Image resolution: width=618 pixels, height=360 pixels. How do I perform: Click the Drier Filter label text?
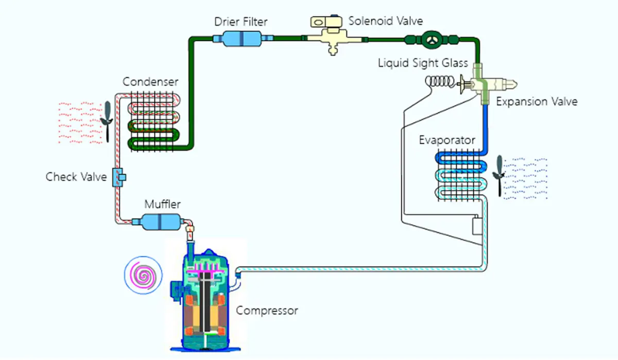pyautogui.click(x=241, y=22)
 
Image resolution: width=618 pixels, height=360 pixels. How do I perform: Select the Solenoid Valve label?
pyautogui.click(x=385, y=21)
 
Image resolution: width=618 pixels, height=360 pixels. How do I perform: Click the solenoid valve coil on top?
pyautogui.click(x=327, y=22)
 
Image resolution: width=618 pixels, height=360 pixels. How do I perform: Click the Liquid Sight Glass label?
pyautogui.click(x=423, y=63)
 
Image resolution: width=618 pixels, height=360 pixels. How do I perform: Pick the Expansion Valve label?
pyautogui.click(x=537, y=101)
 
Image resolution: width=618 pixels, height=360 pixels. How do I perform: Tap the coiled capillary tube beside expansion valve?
pyautogui.click(x=442, y=82)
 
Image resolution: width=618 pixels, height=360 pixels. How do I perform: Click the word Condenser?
pyautogui.click(x=150, y=82)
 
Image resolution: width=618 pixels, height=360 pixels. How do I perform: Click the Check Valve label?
pyautogui.click(x=76, y=177)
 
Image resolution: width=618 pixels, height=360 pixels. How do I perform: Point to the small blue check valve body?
pyautogui.click(x=119, y=177)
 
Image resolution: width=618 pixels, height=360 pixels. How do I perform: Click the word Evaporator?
pyautogui.click(x=447, y=141)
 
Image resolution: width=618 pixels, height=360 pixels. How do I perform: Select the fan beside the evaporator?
pyautogui.click(x=499, y=175)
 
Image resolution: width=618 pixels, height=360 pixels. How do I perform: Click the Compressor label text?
pyautogui.click(x=267, y=311)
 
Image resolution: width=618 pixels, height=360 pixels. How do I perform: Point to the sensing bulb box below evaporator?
pyautogui.click(x=477, y=226)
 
